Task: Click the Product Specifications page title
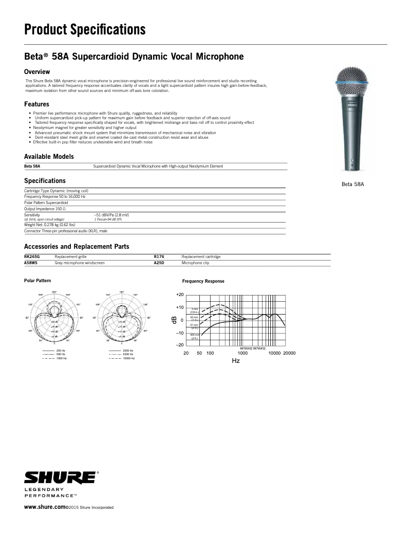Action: pos(85,30)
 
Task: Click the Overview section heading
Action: pos(37,71)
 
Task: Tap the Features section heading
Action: pos(37,104)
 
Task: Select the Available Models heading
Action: pos(49,156)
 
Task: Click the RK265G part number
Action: pos(32,256)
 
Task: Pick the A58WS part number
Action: pos(31,263)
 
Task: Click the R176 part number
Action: pos(159,256)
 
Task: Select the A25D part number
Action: pos(159,263)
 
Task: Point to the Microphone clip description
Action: pos(195,263)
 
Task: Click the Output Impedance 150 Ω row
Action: pos(45,209)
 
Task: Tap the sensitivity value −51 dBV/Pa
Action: pos(111,215)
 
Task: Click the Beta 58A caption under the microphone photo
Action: pos(352,184)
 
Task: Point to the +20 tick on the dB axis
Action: pos(179,295)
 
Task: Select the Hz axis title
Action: pos(235,361)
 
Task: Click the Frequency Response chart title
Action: pos(203,281)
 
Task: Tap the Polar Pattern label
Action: pos(38,280)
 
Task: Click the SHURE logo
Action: pos(60,477)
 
